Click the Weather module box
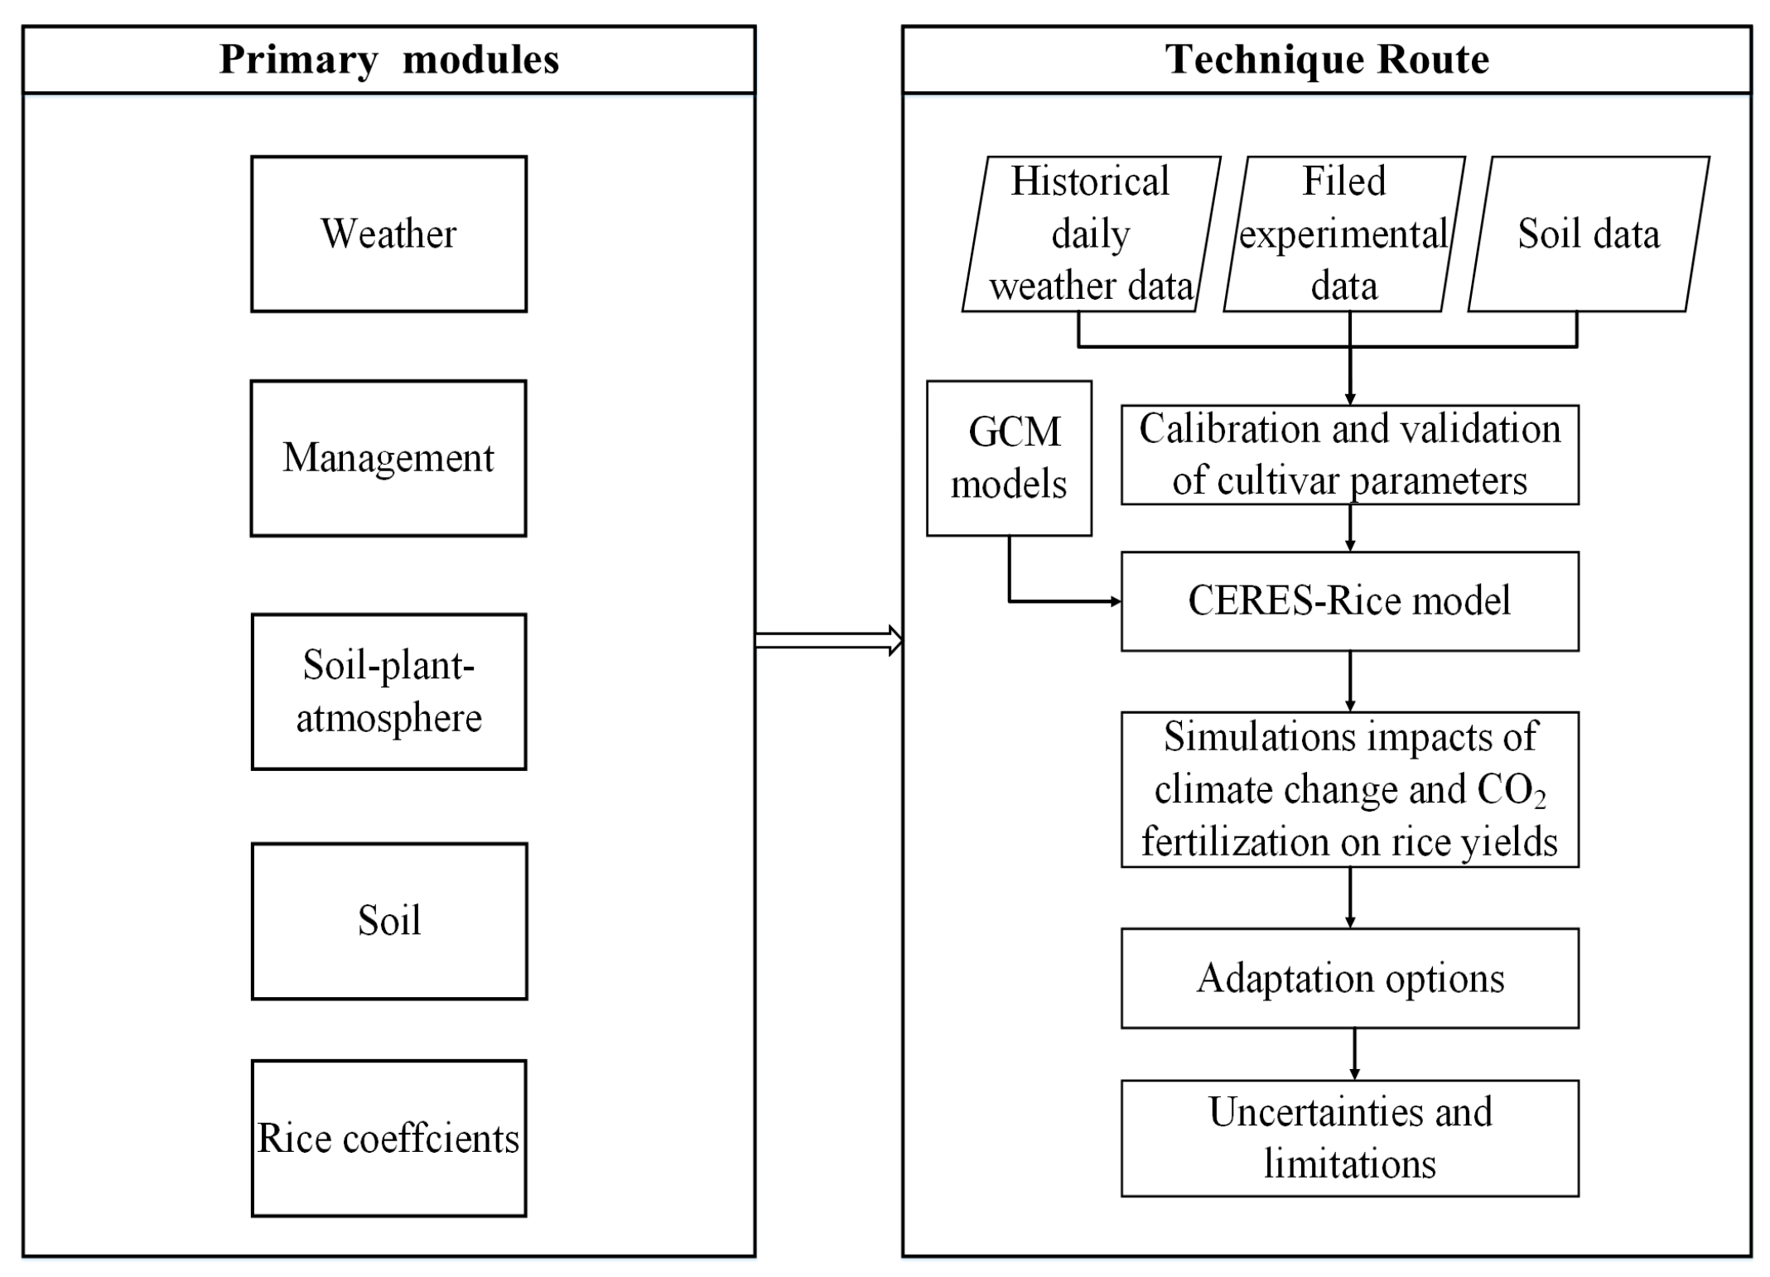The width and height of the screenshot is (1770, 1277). (x=388, y=234)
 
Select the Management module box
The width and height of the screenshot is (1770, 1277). (x=388, y=458)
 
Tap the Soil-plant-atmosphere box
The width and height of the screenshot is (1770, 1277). (x=388, y=692)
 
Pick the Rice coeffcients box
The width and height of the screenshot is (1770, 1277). (x=388, y=1138)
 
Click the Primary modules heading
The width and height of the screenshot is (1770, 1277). (x=388, y=60)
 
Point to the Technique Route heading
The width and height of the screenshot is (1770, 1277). (x=1326, y=60)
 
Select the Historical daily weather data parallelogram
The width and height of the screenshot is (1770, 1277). (x=1091, y=234)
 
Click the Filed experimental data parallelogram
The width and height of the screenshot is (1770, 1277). (x=1343, y=234)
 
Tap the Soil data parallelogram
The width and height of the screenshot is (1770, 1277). (x=1588, y=234)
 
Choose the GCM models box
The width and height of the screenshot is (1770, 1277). (x=1009, y=458)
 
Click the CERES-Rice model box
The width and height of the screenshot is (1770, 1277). (x=1349, y=601)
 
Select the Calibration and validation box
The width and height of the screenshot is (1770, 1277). (x=1349, y=455)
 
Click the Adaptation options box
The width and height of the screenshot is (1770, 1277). (x=1349, y=978)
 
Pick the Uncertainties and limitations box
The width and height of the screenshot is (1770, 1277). (x=1349, y=1138)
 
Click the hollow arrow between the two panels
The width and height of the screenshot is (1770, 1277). (x=828, y=640)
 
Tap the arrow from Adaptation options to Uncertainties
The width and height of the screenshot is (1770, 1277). (x=1354, y=1053)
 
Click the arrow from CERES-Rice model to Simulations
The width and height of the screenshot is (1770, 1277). (x=1350, y=681)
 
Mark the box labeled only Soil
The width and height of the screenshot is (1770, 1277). (x=388, y=921)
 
